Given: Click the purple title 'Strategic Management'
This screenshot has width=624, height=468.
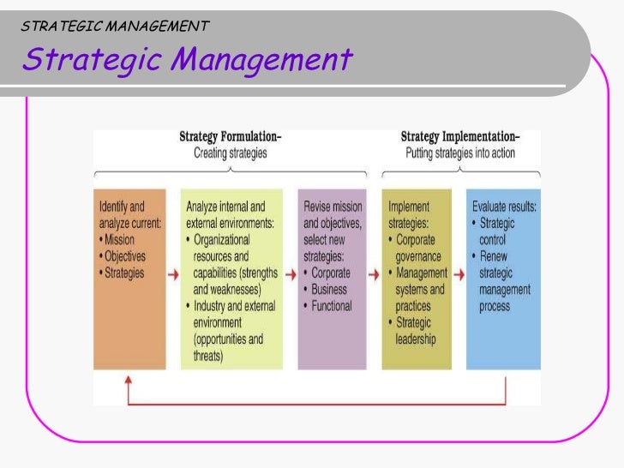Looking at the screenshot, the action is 188,60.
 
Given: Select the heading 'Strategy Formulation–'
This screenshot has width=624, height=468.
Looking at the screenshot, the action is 231,138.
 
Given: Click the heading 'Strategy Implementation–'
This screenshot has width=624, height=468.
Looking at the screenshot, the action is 459,138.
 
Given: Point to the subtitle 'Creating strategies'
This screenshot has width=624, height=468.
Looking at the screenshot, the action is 231,153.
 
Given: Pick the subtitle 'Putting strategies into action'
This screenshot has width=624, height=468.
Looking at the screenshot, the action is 459,153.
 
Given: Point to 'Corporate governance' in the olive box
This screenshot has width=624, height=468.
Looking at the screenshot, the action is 417,249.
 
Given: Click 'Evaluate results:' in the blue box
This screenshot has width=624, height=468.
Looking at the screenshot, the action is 504,207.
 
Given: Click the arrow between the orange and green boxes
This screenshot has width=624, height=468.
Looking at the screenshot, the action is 172,273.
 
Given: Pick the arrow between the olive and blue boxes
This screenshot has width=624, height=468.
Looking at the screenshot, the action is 459,273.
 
